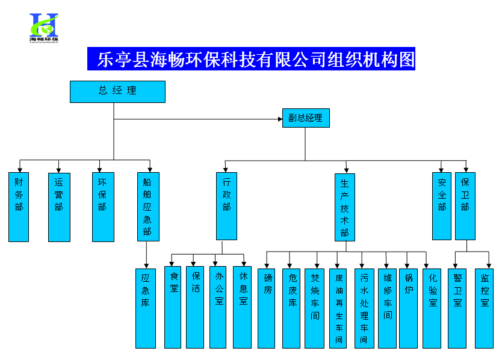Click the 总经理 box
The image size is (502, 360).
(117, 92)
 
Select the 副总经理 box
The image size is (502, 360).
(305, 118)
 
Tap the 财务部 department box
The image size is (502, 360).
(19, 207)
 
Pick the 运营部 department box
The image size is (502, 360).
(59, 207)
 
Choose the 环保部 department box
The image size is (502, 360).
(102, 207)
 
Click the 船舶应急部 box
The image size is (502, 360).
(148, 207)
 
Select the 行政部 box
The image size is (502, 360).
(226, 206)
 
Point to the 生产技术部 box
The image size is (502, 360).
(345, 207)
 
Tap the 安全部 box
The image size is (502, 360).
(442, 206)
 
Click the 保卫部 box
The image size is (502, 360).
(465, 206)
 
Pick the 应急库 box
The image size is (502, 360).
(146, 308)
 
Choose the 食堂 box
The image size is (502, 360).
(173, 308)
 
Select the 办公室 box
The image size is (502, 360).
(219, 308)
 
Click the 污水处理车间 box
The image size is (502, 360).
(364, 308)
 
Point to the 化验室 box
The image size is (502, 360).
(433, 308)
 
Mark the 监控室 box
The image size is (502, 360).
(484, 308)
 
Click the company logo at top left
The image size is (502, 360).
(44, 26)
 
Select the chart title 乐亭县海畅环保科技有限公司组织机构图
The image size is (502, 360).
(251, 60)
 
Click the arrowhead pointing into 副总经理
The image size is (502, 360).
(280, 119)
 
